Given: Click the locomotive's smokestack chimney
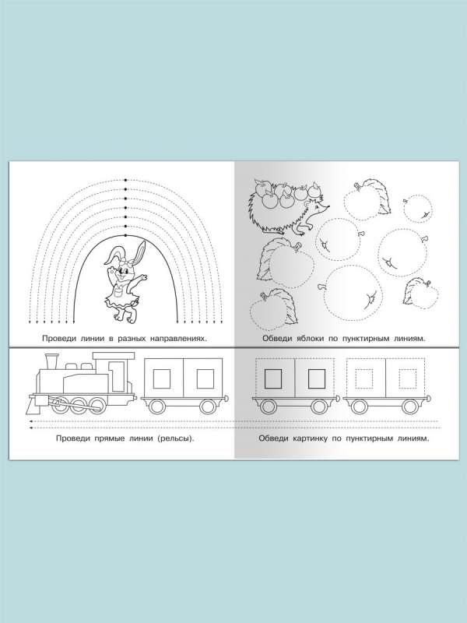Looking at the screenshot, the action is (51, 361).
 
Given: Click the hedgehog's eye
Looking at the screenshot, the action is (318, 207).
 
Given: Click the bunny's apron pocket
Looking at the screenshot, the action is (118, 294).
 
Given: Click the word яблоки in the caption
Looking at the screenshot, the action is (311, 339).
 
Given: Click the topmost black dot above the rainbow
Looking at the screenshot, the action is (126, 181).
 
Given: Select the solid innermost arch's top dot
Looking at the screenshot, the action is (126, 236).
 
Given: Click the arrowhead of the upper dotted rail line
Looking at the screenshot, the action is (31, 421).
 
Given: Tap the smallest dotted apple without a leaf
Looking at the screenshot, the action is (418, 209).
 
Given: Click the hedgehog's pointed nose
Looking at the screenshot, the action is (328, 206).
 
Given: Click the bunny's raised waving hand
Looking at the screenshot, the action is (144, 278).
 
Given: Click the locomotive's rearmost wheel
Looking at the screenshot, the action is (96, 404).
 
